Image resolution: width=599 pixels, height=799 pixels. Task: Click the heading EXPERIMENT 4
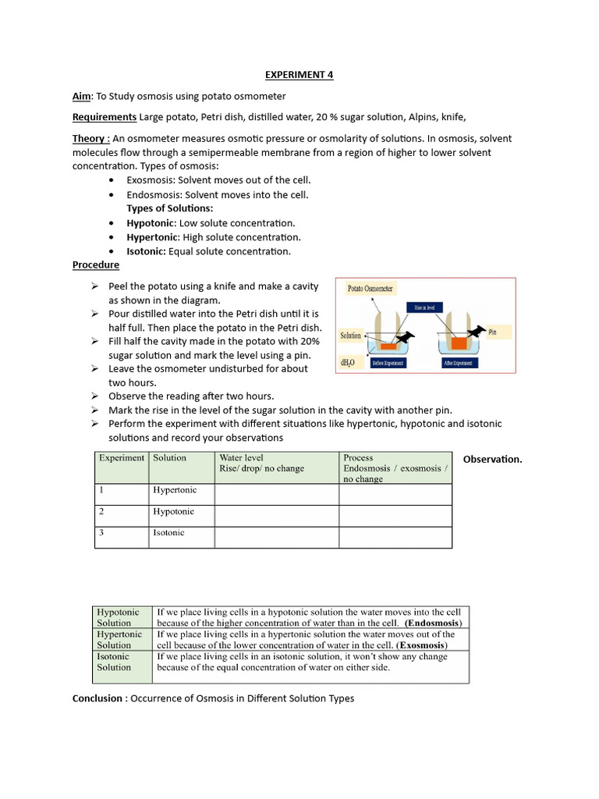299,75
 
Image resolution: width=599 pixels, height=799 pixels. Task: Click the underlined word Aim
82,96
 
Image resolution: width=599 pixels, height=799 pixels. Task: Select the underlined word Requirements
105,117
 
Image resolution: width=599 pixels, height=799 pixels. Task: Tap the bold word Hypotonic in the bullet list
151,223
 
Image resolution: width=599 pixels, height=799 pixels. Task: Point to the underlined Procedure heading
96,265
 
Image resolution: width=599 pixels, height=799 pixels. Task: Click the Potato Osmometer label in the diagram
370,289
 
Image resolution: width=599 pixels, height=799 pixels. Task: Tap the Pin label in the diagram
492,332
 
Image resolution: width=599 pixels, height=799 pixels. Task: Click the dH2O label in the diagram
348,363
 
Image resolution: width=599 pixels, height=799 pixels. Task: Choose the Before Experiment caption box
388,364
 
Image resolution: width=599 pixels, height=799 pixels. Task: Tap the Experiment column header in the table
122,458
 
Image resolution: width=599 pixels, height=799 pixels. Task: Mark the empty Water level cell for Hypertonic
276,495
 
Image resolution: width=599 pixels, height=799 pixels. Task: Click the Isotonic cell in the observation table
169,533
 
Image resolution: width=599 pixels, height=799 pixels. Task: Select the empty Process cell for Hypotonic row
395,516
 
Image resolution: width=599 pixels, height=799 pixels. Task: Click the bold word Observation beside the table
492,459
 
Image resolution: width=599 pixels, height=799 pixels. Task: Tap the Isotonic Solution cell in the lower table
114,662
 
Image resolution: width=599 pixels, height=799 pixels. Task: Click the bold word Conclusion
97,698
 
